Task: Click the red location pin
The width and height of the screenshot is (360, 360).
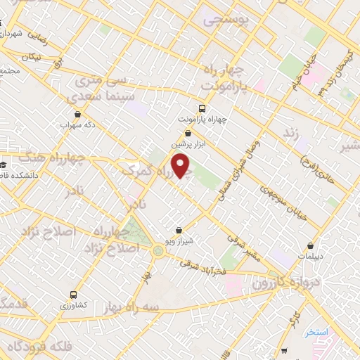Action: pos(181,166)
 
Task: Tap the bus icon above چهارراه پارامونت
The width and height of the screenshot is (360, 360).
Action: pos(202,108)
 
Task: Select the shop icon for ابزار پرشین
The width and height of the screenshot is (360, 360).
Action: pos(188,132)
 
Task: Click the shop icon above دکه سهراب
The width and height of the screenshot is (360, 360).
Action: pos(77,113)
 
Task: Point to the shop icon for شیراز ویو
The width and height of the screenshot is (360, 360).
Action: pos(180,229)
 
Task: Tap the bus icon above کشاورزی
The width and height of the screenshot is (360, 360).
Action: pos(74,295)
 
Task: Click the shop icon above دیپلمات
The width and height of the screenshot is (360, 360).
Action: pos(311,246)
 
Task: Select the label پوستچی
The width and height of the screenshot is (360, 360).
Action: pos(226,21)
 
